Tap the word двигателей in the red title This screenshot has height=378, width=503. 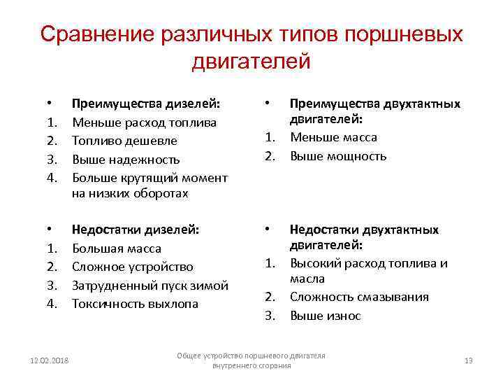tap(251, 62)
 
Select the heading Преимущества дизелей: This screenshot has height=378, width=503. tap(146, 104)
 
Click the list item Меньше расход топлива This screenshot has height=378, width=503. tap(145, 122)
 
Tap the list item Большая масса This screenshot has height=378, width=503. tap(117, 248)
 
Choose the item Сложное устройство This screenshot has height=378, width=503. tap(133, 267)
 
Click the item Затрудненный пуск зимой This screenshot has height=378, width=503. tap(150, 286)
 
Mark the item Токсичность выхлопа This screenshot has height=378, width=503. tap(136, 304)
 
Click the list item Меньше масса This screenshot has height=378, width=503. tap(333, 137)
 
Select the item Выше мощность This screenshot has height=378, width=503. tap(338, 156)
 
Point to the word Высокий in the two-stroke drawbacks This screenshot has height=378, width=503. tap(315, 263)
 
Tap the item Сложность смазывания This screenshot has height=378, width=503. tap(359, 297)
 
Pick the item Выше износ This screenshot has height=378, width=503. tap(326, 316)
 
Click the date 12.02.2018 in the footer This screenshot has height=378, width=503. tap(50, 360)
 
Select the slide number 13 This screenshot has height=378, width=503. tap(468, 360)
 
